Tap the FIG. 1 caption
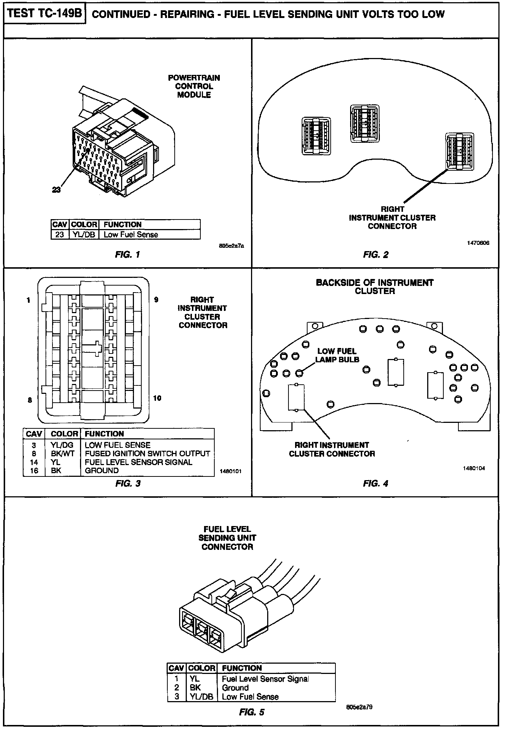click(127, 254)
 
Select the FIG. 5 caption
click(251, 712)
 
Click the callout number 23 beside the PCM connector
click(57, 189)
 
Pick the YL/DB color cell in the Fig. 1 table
click(84, 235)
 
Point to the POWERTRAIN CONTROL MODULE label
click(194, 86)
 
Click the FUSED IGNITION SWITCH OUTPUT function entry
click(147, 453)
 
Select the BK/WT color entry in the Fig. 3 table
click(62, 453)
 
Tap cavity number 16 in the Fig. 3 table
click(34, 471)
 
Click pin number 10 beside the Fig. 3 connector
click(157, 398)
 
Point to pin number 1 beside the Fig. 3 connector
click(28, 300)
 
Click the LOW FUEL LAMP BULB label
click(337, 355)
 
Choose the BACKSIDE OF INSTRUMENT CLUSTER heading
click(374, 287)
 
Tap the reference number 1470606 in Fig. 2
click(478, 243)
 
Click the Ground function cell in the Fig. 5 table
click(235, 688)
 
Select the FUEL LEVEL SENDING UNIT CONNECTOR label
click(227, 538)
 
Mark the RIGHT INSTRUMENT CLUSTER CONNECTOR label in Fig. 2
click(392, 218)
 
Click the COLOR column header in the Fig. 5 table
click(201, 668)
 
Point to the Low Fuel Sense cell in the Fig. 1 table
click(131, 235)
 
